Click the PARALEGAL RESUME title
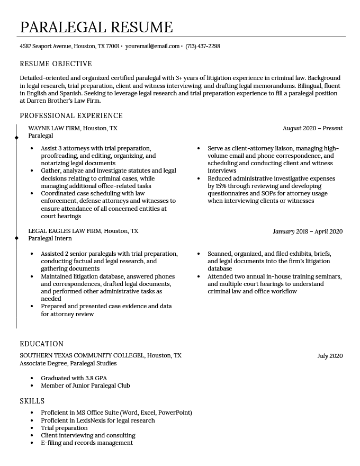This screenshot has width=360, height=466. [96, 27]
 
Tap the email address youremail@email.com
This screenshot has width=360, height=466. [152, 47]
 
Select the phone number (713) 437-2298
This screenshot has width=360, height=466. [202, 47]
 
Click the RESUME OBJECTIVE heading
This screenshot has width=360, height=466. [56, 64]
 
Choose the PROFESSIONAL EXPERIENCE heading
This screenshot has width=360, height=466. [71, 116]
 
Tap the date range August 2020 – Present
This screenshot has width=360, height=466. [312, 129]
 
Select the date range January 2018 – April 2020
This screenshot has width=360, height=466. [308, 231]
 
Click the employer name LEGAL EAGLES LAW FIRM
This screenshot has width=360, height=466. [65, 231]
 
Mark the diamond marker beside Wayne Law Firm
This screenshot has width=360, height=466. [17, 138]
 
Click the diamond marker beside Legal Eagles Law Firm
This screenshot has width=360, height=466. [17, 238]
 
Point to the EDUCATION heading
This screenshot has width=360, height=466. [41, 344]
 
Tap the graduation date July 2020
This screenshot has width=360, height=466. [330, 356]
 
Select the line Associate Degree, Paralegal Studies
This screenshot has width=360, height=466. [68, 364]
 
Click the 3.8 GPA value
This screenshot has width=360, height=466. [96, 379]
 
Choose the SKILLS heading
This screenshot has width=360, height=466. [32, 401]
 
